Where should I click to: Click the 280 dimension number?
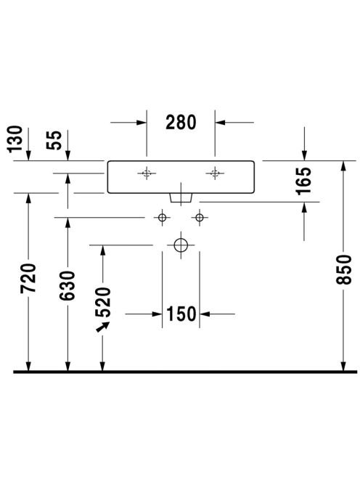(x=181, y=123)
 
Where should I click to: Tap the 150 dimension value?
(x=181, y=314)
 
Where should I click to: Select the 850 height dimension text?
(x=343, y=269)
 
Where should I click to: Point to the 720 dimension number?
(x=28, y=278)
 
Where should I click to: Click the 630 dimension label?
(x=67, y=285)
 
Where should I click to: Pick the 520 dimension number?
(x=103, y=302)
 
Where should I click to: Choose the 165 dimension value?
(x=303, y=181)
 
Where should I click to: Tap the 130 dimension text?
(x=15, y=139)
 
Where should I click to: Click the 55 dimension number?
(x=54, y=140)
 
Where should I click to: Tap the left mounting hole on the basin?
(x=147, y=173)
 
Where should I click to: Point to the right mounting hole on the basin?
(x=215, y=173)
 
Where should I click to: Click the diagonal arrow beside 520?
(x=103, y=327)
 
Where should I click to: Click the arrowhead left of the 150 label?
(x=157, y=314)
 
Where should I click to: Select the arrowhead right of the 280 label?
(x=220, y=123)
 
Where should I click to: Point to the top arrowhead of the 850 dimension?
(x=343, y=166)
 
